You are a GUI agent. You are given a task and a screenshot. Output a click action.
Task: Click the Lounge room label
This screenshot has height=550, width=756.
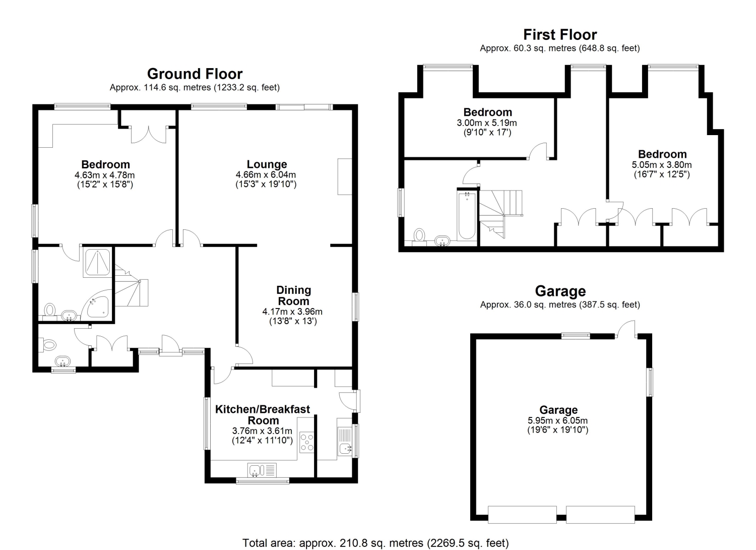coord(267,164)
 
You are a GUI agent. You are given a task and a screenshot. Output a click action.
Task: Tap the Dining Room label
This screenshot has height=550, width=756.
coord(293,295)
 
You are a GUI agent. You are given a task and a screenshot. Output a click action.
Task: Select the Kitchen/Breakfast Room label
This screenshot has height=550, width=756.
coord(263,414)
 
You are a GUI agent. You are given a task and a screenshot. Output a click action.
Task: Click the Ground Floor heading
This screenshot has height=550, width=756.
coord(195,74)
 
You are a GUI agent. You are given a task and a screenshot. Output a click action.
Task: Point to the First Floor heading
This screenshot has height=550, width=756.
coord(560,34)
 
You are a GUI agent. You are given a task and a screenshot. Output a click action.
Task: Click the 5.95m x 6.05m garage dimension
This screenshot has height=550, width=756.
coord(557,420)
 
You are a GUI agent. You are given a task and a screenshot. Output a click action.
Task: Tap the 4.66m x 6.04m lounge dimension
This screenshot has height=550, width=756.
coord(266,174)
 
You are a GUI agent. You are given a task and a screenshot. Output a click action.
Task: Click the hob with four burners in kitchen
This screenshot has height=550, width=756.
coord(307,442)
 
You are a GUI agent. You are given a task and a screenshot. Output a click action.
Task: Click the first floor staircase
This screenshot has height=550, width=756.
coord(500,213)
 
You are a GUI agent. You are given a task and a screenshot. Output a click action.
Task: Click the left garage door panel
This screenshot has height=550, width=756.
coord(522,515)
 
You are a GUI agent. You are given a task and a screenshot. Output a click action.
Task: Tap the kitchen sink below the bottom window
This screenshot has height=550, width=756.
coord(262,470)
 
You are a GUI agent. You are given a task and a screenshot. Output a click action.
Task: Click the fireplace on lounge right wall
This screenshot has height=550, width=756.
coord(345,176)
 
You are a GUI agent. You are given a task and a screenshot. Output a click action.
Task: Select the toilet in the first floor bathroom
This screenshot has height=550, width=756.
coord(419,235)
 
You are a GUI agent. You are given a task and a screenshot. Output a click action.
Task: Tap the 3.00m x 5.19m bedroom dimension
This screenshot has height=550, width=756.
coord(487,123)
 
